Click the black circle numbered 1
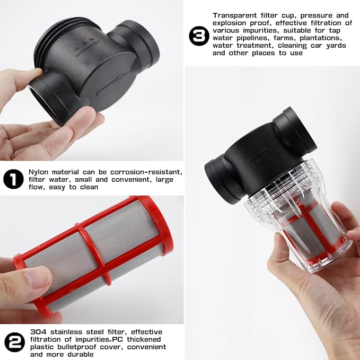point(13,179)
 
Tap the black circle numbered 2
point(14,341)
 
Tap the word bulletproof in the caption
point(78,347)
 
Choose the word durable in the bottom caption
point(79,354)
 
